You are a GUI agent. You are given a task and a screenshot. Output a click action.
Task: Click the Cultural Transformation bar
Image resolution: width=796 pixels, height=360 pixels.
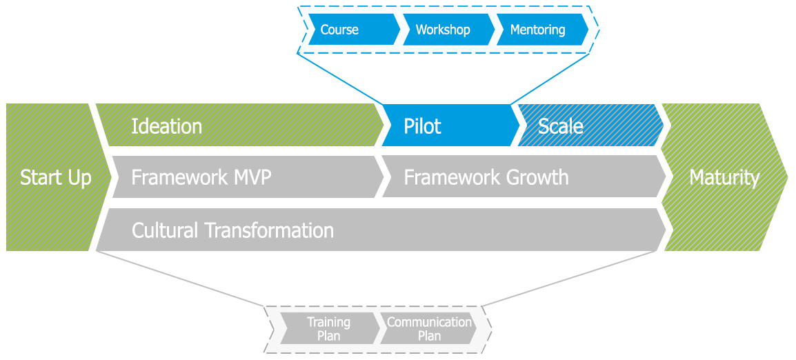point(379,230)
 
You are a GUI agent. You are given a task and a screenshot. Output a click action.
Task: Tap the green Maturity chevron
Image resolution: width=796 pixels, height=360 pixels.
point(724,177)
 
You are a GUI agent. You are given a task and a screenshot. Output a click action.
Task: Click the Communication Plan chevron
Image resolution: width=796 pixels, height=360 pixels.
point(429,329)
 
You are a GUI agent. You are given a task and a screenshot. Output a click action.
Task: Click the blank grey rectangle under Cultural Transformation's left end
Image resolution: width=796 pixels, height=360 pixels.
point(179,282)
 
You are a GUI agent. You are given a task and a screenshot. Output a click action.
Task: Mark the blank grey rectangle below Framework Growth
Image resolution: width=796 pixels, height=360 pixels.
point(581,282)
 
